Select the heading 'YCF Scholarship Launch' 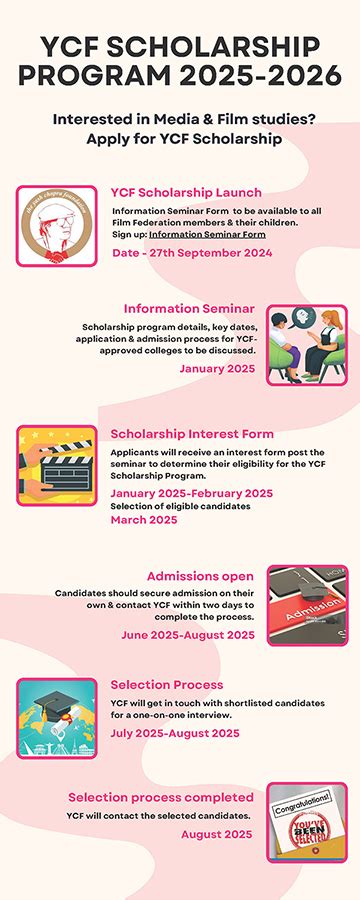(x=186, y=192)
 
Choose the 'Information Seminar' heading (x=189, y=308)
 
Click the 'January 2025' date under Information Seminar (x=217, y=368)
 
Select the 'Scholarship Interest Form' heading (x=192, y=434)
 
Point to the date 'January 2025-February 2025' (x=191, y=493)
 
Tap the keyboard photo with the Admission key (x=307, y=605)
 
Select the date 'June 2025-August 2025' (x=204, y=634)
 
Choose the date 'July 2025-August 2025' (x=175, y=732)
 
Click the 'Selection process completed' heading (x=160, y=797)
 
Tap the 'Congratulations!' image (x=307, y=822)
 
